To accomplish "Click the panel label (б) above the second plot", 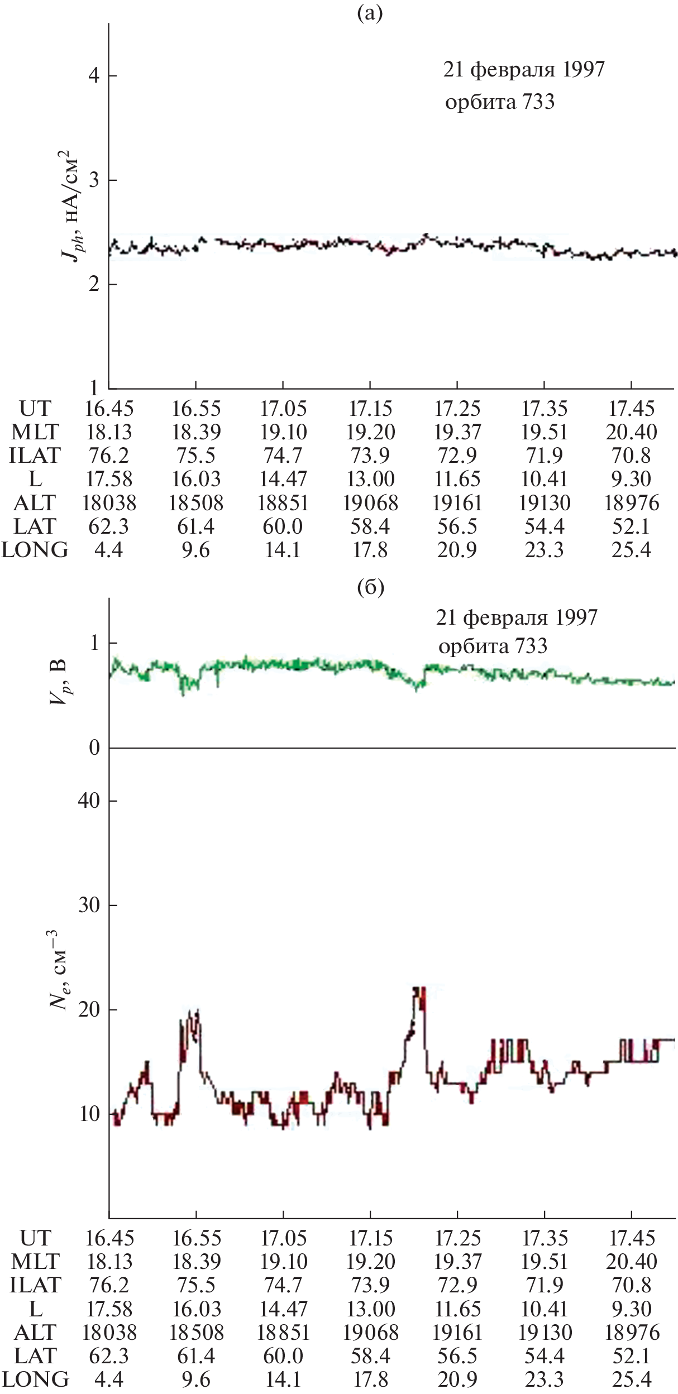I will (370, 587).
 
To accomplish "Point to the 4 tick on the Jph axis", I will (94, 75).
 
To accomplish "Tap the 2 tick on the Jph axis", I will (94, 284).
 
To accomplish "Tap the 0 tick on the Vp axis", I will (94, 748).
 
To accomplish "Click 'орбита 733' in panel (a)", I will (500, 102).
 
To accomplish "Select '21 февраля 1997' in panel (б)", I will (517, 617).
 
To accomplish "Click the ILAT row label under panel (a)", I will (35, 456).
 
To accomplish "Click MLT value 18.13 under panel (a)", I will (109, 432).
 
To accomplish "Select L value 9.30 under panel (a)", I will (632, 479).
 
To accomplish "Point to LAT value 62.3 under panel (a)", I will (109, 526).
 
